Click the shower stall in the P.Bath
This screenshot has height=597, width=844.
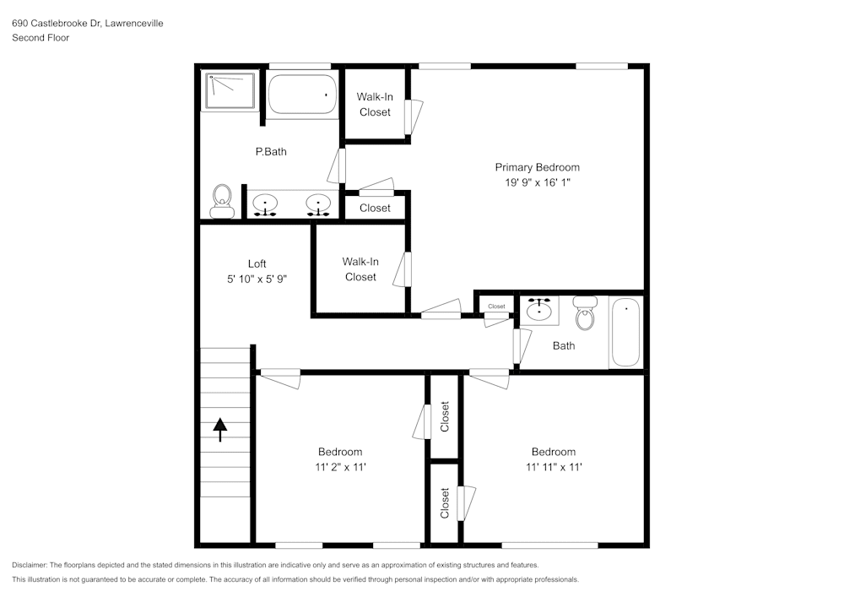point(228,90)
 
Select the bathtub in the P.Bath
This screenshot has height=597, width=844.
point(302,95)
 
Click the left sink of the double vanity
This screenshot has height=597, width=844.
point(267,204)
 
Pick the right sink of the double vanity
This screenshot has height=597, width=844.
point(317,204)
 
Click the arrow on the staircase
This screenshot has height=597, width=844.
point(220,429)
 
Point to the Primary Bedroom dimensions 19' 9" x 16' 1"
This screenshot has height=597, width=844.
point(537,182)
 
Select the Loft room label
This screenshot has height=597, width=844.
point(257,263)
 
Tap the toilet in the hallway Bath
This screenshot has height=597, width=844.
point(584,314)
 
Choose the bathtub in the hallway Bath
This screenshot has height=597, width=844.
point(625,332)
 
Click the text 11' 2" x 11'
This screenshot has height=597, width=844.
point(339,467)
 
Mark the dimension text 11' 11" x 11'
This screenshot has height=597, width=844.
point(553,467)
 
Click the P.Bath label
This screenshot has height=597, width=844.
point(271,152)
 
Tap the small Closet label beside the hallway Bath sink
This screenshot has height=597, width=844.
point(496,307)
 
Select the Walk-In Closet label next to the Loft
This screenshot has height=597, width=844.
point(360,269)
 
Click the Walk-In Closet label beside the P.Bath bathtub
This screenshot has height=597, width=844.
point(375,104)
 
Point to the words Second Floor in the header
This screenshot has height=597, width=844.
point(41,38)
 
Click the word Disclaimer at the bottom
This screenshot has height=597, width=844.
point(30,565)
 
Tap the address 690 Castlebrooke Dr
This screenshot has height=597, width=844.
point(56,24)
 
